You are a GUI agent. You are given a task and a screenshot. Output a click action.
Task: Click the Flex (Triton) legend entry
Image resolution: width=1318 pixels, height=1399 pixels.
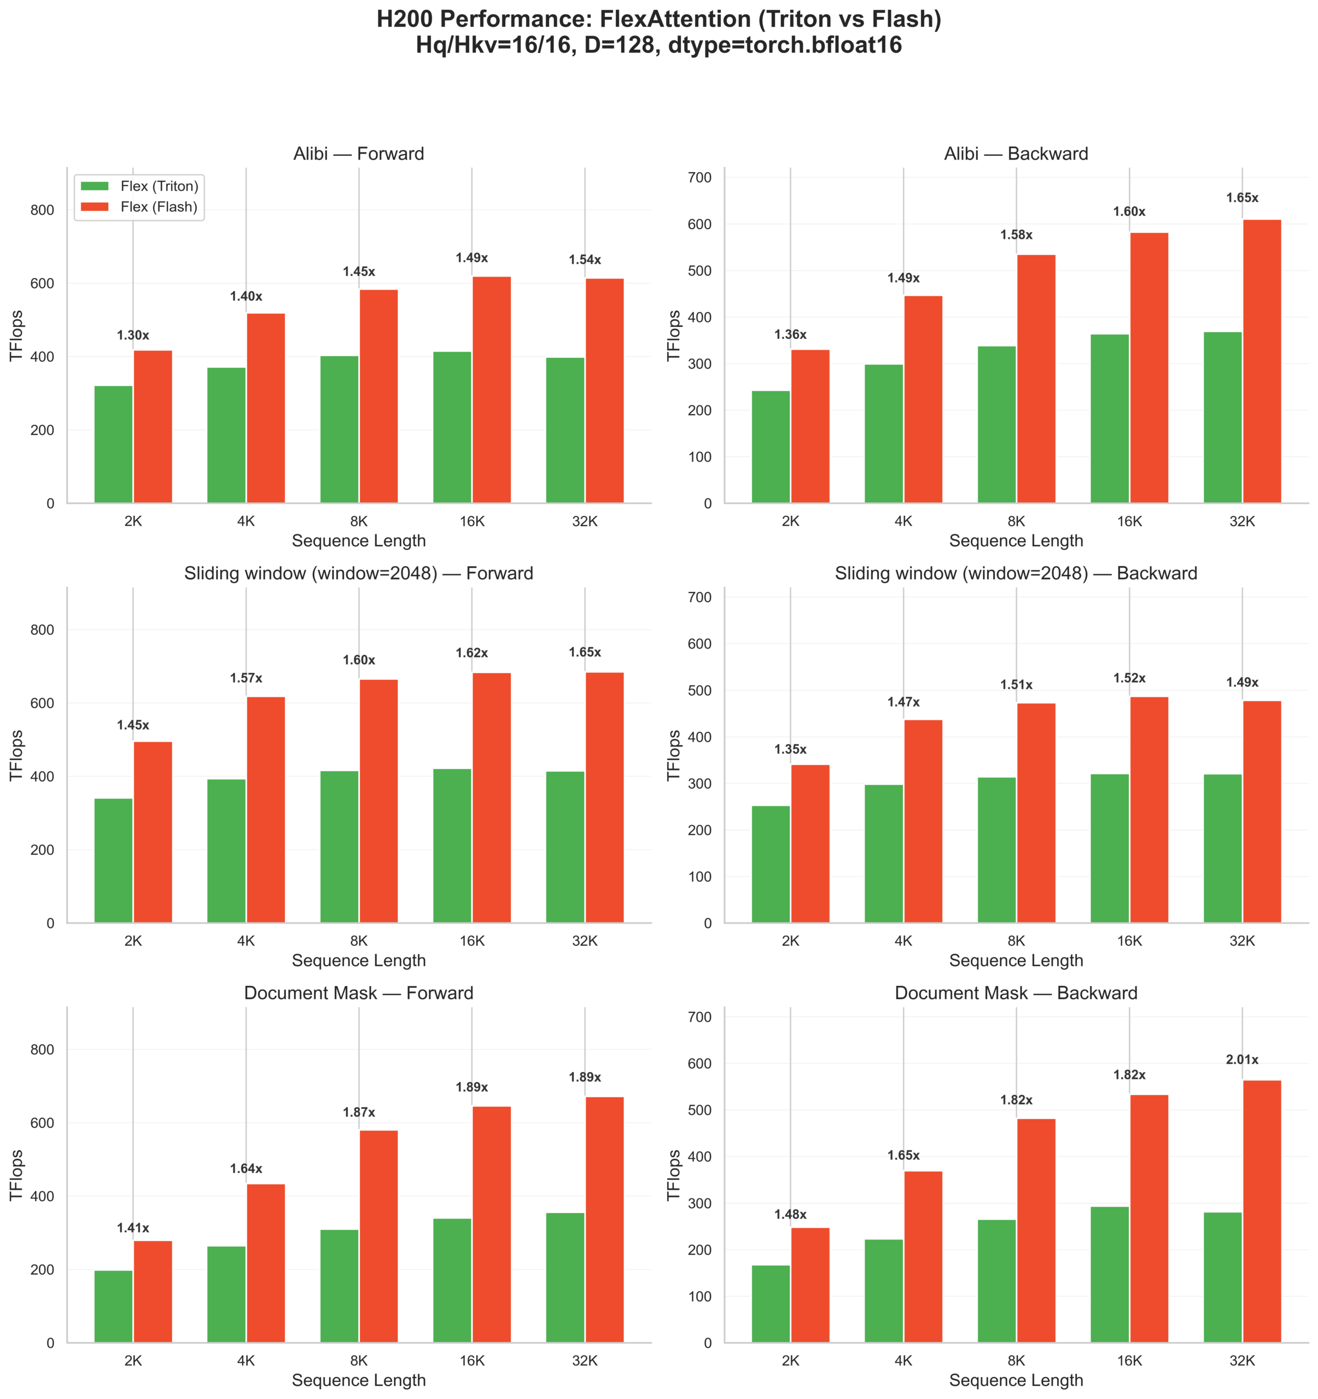pyautogui.click(x=159, y=186)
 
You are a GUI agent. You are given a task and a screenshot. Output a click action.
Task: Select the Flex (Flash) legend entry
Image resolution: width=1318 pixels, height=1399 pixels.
pyautogui.click(x=159, y=207)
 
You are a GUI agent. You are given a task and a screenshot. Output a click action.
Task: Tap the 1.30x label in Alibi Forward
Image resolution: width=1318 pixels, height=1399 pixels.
pyautogui.click(x=133, y=336)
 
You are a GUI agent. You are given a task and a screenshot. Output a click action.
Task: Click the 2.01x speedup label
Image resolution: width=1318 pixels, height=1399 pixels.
pyautogui.click(x=1242, y=1060)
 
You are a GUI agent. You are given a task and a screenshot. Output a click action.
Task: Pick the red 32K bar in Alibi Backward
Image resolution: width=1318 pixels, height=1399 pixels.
pyautogui.click(x=1262, y=361)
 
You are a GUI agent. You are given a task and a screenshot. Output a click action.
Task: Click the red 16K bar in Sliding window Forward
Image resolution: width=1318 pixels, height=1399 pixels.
pyautogui.click(x=492, y=797)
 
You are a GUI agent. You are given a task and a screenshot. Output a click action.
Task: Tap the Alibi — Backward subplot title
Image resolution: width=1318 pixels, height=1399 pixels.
pyautogui.click(x=1016, y=154)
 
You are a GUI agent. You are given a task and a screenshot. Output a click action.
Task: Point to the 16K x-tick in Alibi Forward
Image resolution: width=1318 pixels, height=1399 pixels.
pyautogui.click(x=472, y=521)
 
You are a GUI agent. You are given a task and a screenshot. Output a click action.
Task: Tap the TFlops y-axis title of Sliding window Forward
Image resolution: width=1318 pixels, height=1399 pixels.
pyautogui.click(x=17, y=755)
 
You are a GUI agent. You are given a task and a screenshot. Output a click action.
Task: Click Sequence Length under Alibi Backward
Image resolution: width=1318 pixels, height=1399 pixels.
pyautogui.click(x=1016, y=541)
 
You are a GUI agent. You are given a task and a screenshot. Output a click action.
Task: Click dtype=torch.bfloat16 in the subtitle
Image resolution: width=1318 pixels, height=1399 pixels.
pyautogui.click(x=785, y=45)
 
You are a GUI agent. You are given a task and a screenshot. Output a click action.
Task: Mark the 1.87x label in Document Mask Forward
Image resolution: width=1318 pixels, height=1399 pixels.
pyautogui.click(x=359, y=1113)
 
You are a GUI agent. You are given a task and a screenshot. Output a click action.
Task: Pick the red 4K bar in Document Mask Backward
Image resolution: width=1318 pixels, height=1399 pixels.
pyautogui.click(x=923, y=1257)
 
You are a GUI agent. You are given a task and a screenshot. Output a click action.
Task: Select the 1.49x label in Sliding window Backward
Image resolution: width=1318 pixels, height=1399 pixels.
pyautogui.click(x=1242, y=683)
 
